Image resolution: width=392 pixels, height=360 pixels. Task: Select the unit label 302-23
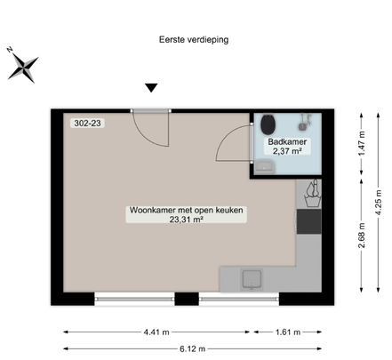point(86,124)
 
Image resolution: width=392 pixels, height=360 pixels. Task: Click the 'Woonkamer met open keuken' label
point(187,211)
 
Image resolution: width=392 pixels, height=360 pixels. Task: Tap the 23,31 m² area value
point(187,222)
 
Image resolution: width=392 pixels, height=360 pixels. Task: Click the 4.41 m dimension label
point(156,332)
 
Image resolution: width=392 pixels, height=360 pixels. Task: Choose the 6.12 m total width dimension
point(189,348)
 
